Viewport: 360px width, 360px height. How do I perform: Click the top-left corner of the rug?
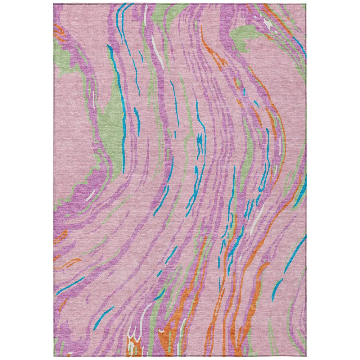coord(54,4)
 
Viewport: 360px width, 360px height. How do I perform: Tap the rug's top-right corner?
coord(306,4)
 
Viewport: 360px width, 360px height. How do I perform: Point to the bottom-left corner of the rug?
coord(54,356)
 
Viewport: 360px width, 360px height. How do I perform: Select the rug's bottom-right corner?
coord(306,356)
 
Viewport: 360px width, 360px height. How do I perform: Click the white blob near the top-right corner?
coord(268,24)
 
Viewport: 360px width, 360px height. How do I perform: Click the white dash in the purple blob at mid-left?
coord(91,195)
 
